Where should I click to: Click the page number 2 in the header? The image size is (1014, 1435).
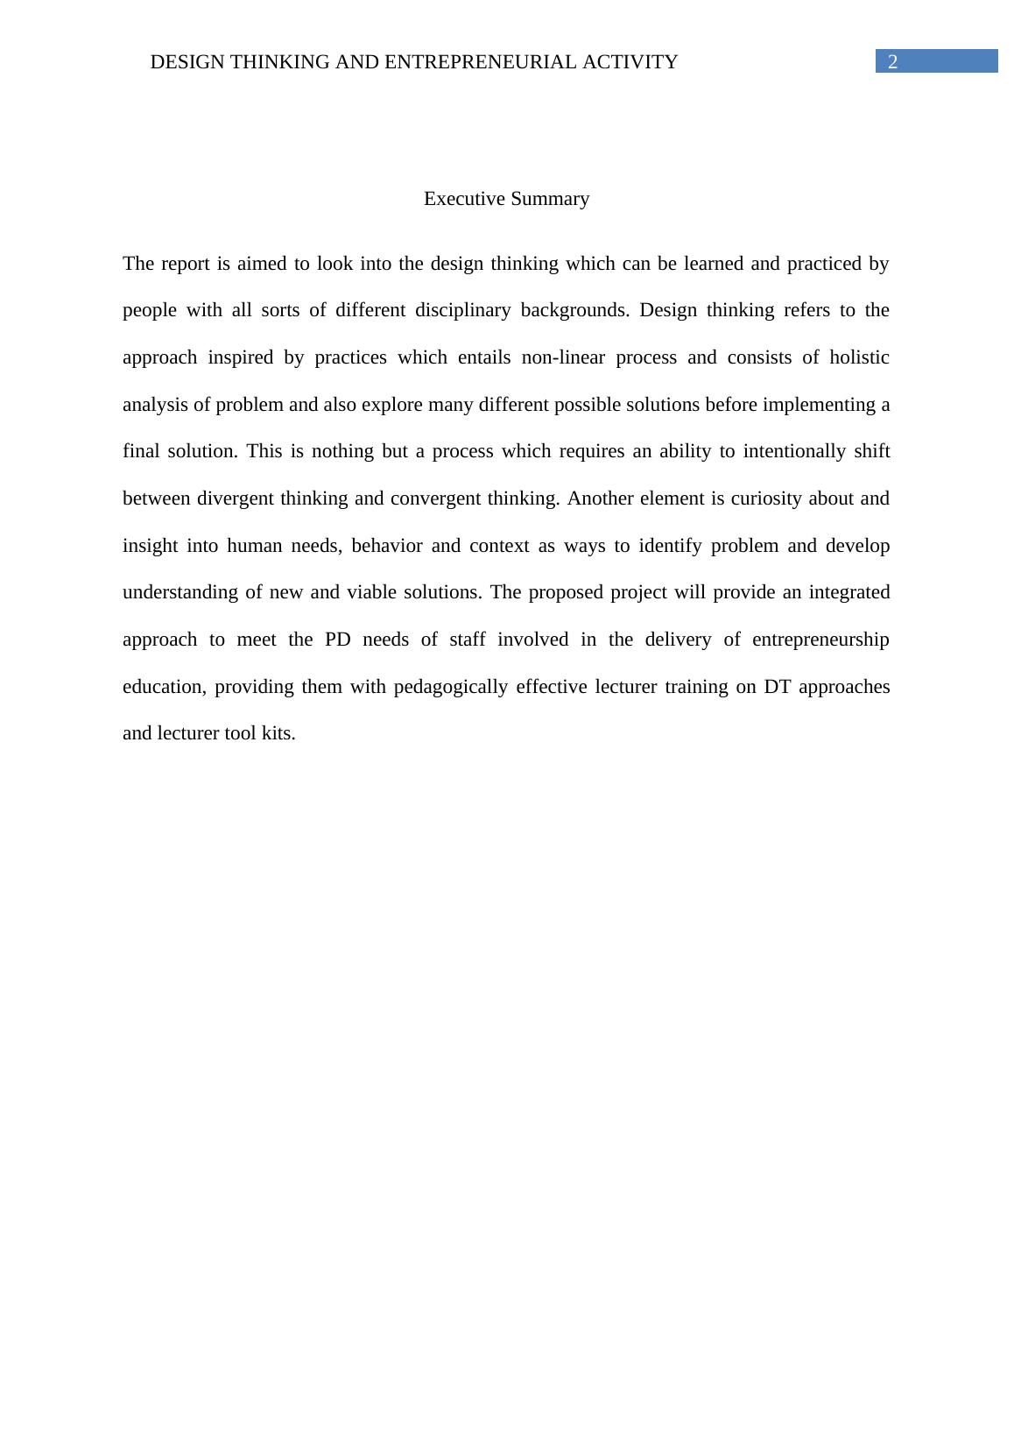tap(892, 61)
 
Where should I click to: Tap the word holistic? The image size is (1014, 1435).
tap(859, 357)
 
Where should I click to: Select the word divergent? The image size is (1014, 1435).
tap(236, 498)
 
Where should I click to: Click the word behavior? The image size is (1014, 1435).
tap(386, 546)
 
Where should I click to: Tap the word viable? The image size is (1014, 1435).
tap(372, 592)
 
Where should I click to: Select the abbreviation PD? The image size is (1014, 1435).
tap(337, 640)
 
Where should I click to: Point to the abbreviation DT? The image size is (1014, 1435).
tap(778, 687)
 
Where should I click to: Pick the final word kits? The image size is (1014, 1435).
tap(278, 733)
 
